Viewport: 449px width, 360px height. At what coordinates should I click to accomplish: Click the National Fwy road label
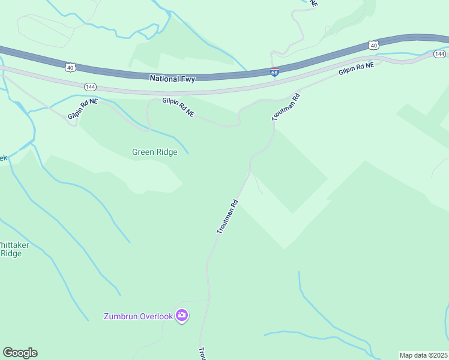(172, 78)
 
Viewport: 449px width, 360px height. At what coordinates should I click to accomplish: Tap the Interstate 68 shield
(274, 73)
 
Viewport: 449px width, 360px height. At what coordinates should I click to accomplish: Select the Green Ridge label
(155, 152)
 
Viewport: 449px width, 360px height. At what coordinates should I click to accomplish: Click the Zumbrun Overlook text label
(138, 316)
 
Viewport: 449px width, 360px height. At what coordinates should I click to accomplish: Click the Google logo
(20, 353)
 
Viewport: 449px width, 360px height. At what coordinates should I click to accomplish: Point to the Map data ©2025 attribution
(423, 355)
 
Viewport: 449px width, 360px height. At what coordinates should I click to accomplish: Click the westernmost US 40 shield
(71, 67)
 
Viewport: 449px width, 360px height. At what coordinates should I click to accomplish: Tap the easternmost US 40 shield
(373, 45)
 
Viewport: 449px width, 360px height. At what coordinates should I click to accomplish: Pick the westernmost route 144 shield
(91, 87)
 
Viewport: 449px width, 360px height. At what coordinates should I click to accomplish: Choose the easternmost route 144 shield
(439, 54)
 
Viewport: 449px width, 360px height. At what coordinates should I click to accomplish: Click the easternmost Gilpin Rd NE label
(356, 68)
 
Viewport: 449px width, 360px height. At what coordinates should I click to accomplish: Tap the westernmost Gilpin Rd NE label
(82, 109)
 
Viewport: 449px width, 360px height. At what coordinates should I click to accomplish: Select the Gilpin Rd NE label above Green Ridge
(178, 108)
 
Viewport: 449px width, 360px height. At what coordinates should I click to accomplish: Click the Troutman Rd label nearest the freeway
(285, 106)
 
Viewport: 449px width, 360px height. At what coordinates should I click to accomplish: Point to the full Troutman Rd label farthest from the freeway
(228, 216)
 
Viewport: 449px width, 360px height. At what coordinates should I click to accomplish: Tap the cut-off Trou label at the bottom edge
(202, 353)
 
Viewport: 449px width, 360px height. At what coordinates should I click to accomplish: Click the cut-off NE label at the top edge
(313, 3)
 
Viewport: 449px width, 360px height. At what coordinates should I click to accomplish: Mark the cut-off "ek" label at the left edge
(3, 158)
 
